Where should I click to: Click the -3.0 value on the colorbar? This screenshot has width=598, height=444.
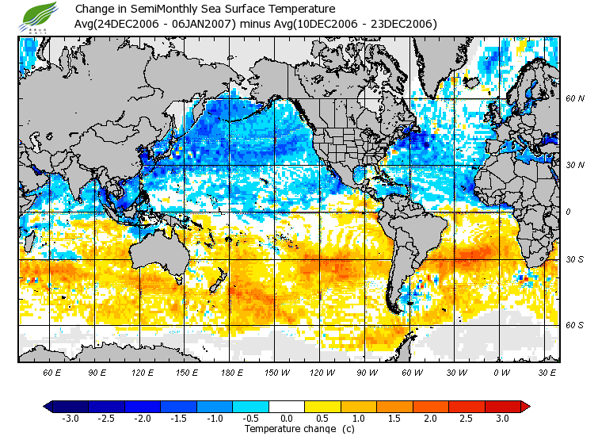coord(70,418)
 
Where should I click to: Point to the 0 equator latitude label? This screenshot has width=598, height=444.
coord(568,212)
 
